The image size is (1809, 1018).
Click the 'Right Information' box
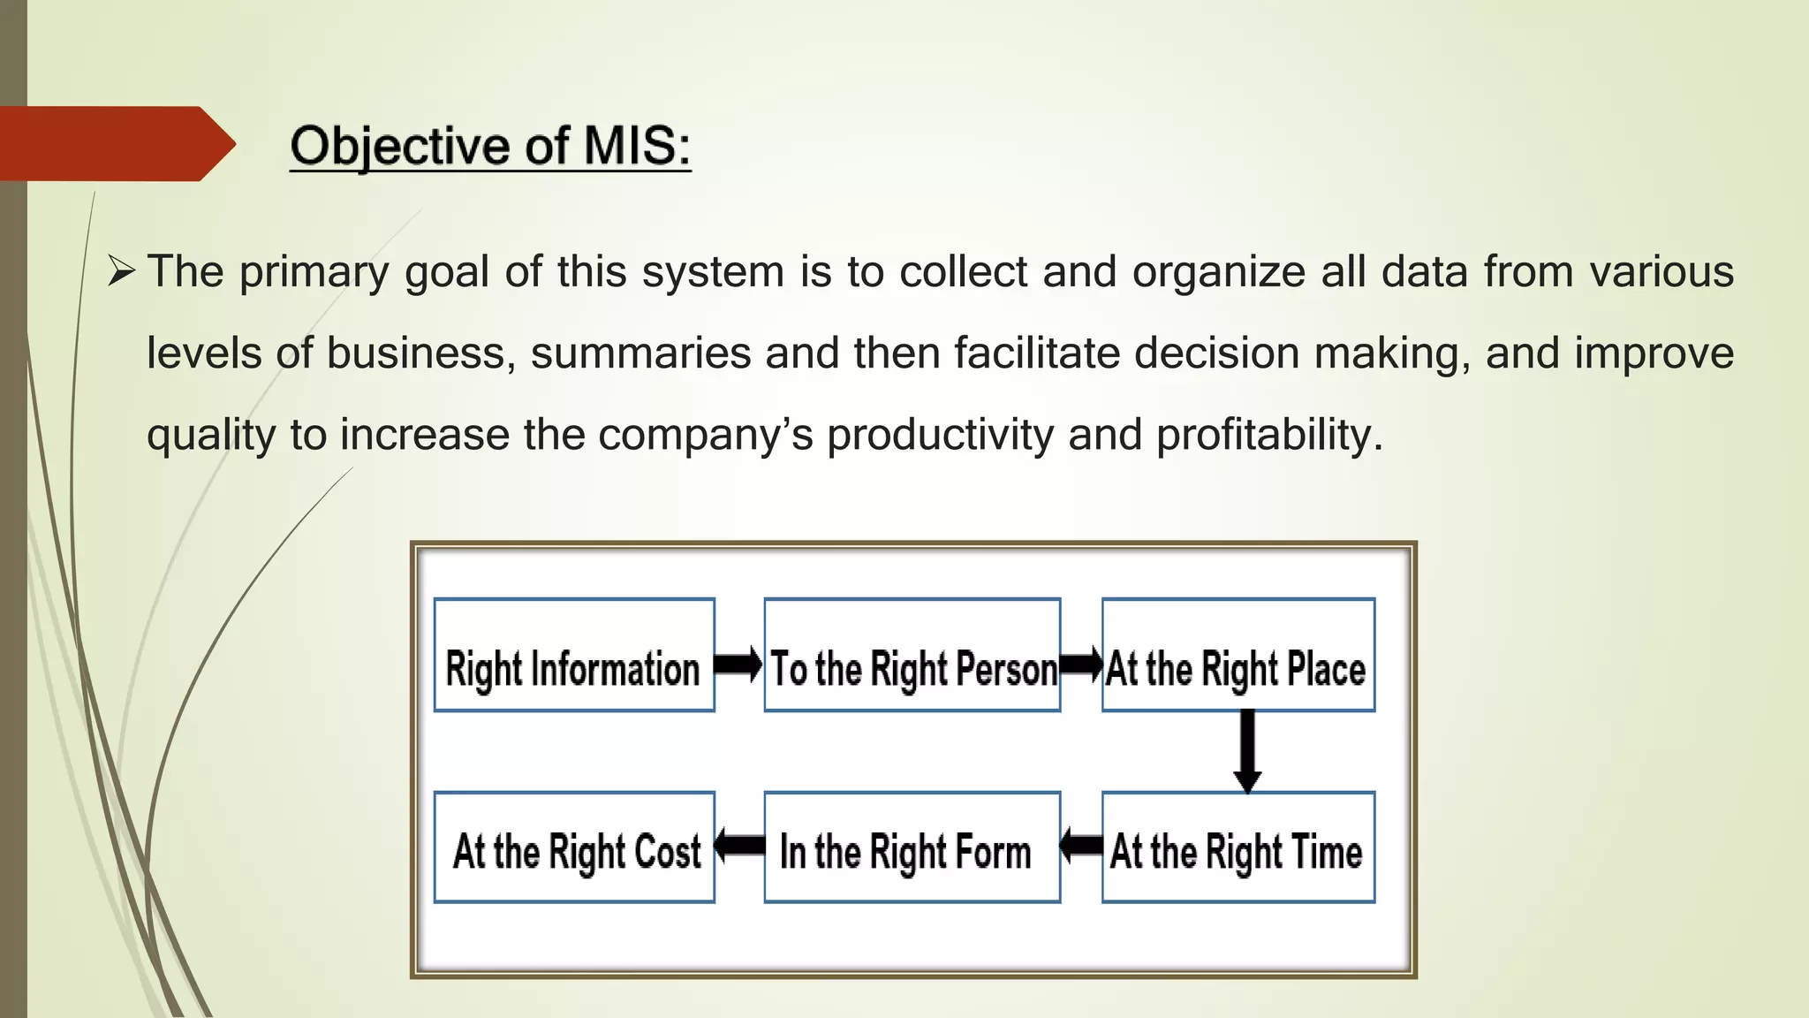tap(574, 655)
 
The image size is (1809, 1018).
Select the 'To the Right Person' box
tap(912, 655)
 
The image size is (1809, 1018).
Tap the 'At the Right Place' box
tap(1238, 655)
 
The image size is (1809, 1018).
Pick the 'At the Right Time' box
tap(1238, 847)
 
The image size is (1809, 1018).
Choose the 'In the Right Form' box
tap(912, 847)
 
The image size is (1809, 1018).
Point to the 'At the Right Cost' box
tap(574, 847)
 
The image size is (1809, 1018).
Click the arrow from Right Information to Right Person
tap(738, 664)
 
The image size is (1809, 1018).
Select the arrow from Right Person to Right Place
tap(1081, 664)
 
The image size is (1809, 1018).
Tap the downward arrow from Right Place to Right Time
tap(1247, 751)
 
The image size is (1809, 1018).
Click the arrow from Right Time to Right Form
tap(1081, 846)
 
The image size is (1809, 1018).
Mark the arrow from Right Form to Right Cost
tap(739, 846)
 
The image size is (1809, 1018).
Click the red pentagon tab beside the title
tap(115, 144)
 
